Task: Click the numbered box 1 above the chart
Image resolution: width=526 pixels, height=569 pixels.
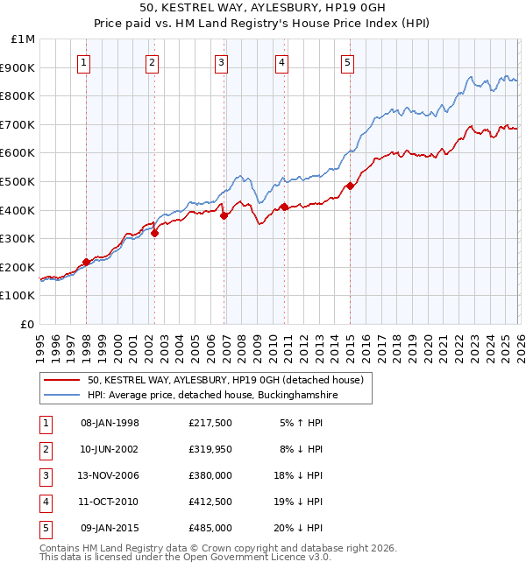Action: pos(83,62)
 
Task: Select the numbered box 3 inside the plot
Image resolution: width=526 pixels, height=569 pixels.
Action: pos(221,62)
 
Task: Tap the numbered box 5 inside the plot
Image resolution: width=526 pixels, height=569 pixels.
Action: pos(348,62)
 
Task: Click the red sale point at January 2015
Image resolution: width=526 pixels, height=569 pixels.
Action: pos(350,186)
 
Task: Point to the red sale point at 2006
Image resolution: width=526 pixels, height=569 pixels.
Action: pos(224,215)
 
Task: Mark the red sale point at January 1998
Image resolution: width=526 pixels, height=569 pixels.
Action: pos(86,262)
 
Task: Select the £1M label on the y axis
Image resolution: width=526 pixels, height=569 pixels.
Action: pos(24,39)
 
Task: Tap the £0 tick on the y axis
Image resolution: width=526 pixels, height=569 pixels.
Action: pos(27,324)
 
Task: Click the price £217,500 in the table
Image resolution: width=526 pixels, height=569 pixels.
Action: pos(210,422)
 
